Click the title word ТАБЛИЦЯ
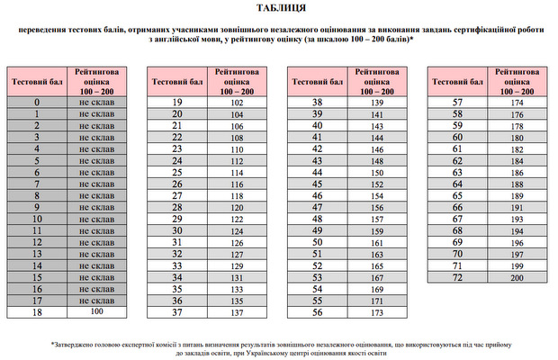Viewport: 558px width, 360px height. click(x=279, y=11)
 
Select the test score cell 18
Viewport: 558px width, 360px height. click(x=37, y=312)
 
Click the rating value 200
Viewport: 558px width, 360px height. click(x=517, y=278)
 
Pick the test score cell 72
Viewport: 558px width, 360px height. click(x=458, y=278)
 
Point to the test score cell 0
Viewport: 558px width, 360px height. click(x=37, y=103)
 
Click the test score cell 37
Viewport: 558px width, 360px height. click(x=177, y=312)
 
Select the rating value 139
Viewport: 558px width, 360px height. click(x=377, y=103)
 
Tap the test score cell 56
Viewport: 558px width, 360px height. click(x=317, y=312)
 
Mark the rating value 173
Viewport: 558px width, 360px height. click(x=377, y=312)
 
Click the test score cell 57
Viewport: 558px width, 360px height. click(x=458, y=103)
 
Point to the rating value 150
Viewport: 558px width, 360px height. click(x=377, y=173)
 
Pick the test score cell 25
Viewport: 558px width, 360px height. click(x=177, y=173)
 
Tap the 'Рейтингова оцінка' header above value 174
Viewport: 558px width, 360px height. click(x=517, y=81)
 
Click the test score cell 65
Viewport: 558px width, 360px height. click(x=458, y=196)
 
